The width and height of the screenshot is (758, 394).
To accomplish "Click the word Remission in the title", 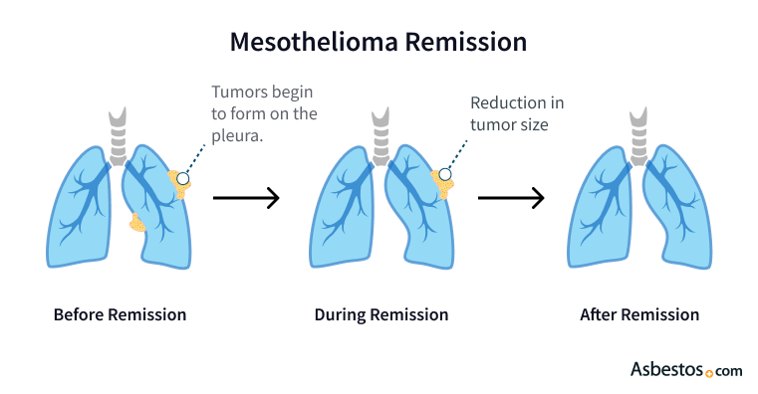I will click(x=467, y=43).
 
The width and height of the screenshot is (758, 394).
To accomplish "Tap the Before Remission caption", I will click(x=120, y=315).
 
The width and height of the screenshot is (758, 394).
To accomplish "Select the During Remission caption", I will click(x=380, y=315).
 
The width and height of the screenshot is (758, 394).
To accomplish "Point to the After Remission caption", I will click(x=639, y=315).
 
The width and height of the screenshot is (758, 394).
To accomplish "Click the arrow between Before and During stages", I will click(x=246, y=197).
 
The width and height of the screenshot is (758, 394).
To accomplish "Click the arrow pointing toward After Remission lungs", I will click(x=511, y=197).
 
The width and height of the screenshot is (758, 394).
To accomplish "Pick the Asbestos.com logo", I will click(x=686, y=369).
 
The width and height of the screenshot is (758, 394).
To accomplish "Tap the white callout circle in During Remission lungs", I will click(x=444, y=175).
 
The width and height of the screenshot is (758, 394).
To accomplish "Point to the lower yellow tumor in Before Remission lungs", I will click(x=138, y=222).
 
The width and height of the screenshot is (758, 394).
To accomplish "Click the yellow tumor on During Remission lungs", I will click(x=438, y=184).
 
